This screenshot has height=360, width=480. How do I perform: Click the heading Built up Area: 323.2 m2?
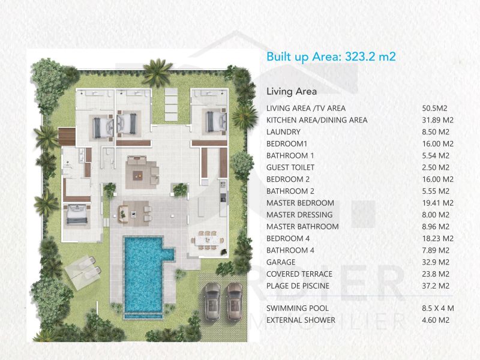331,57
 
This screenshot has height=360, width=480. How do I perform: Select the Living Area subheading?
292,92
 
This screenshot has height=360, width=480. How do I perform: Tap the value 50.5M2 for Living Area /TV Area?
434,109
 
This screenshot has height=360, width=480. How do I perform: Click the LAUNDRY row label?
283,132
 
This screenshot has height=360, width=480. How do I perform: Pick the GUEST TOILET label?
290,167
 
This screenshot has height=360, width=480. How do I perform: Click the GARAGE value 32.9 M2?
436,262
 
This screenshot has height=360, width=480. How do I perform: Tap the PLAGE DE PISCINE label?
298,286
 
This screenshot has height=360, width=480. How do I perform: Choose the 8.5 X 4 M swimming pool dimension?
437,308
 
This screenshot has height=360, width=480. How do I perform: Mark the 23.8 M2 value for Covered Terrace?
436,274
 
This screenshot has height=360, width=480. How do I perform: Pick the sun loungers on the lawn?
84,267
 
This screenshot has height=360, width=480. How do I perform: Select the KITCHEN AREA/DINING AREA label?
317,120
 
